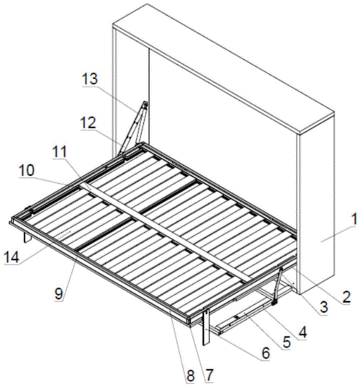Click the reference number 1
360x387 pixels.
tap(354, 219)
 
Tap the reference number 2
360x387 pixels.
tap(346, 297)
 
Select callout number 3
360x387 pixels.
tap(323, 307)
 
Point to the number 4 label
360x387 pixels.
tap(302, 332)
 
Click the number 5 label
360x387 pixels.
tap(287, 342)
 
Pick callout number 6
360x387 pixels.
tap(266, 353)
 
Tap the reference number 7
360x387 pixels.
tap(209, 375)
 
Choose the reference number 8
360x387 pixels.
tap(191, 375)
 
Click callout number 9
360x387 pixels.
tap(59, 294)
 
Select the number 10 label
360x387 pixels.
tap(27, 171)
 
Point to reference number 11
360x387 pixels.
tap(60, 151)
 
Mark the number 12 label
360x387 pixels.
tap(89, 123)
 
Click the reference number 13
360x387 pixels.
tap(90, 79)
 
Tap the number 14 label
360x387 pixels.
tap(12, 257)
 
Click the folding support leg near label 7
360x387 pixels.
tap(206, 326)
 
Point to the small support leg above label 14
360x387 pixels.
tap(27, 237)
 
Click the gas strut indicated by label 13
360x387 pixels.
tap(134, 128)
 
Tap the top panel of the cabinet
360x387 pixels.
tap(223, 69)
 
